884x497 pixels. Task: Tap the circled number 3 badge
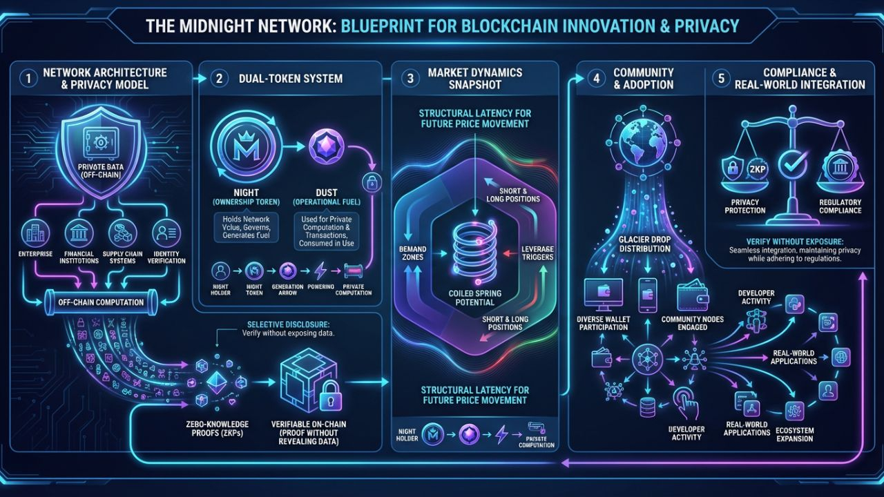(410, 78)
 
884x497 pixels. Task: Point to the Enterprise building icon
(33, 233)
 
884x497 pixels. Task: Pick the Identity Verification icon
(165, 233)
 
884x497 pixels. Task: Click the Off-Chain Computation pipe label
(101, 302)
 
